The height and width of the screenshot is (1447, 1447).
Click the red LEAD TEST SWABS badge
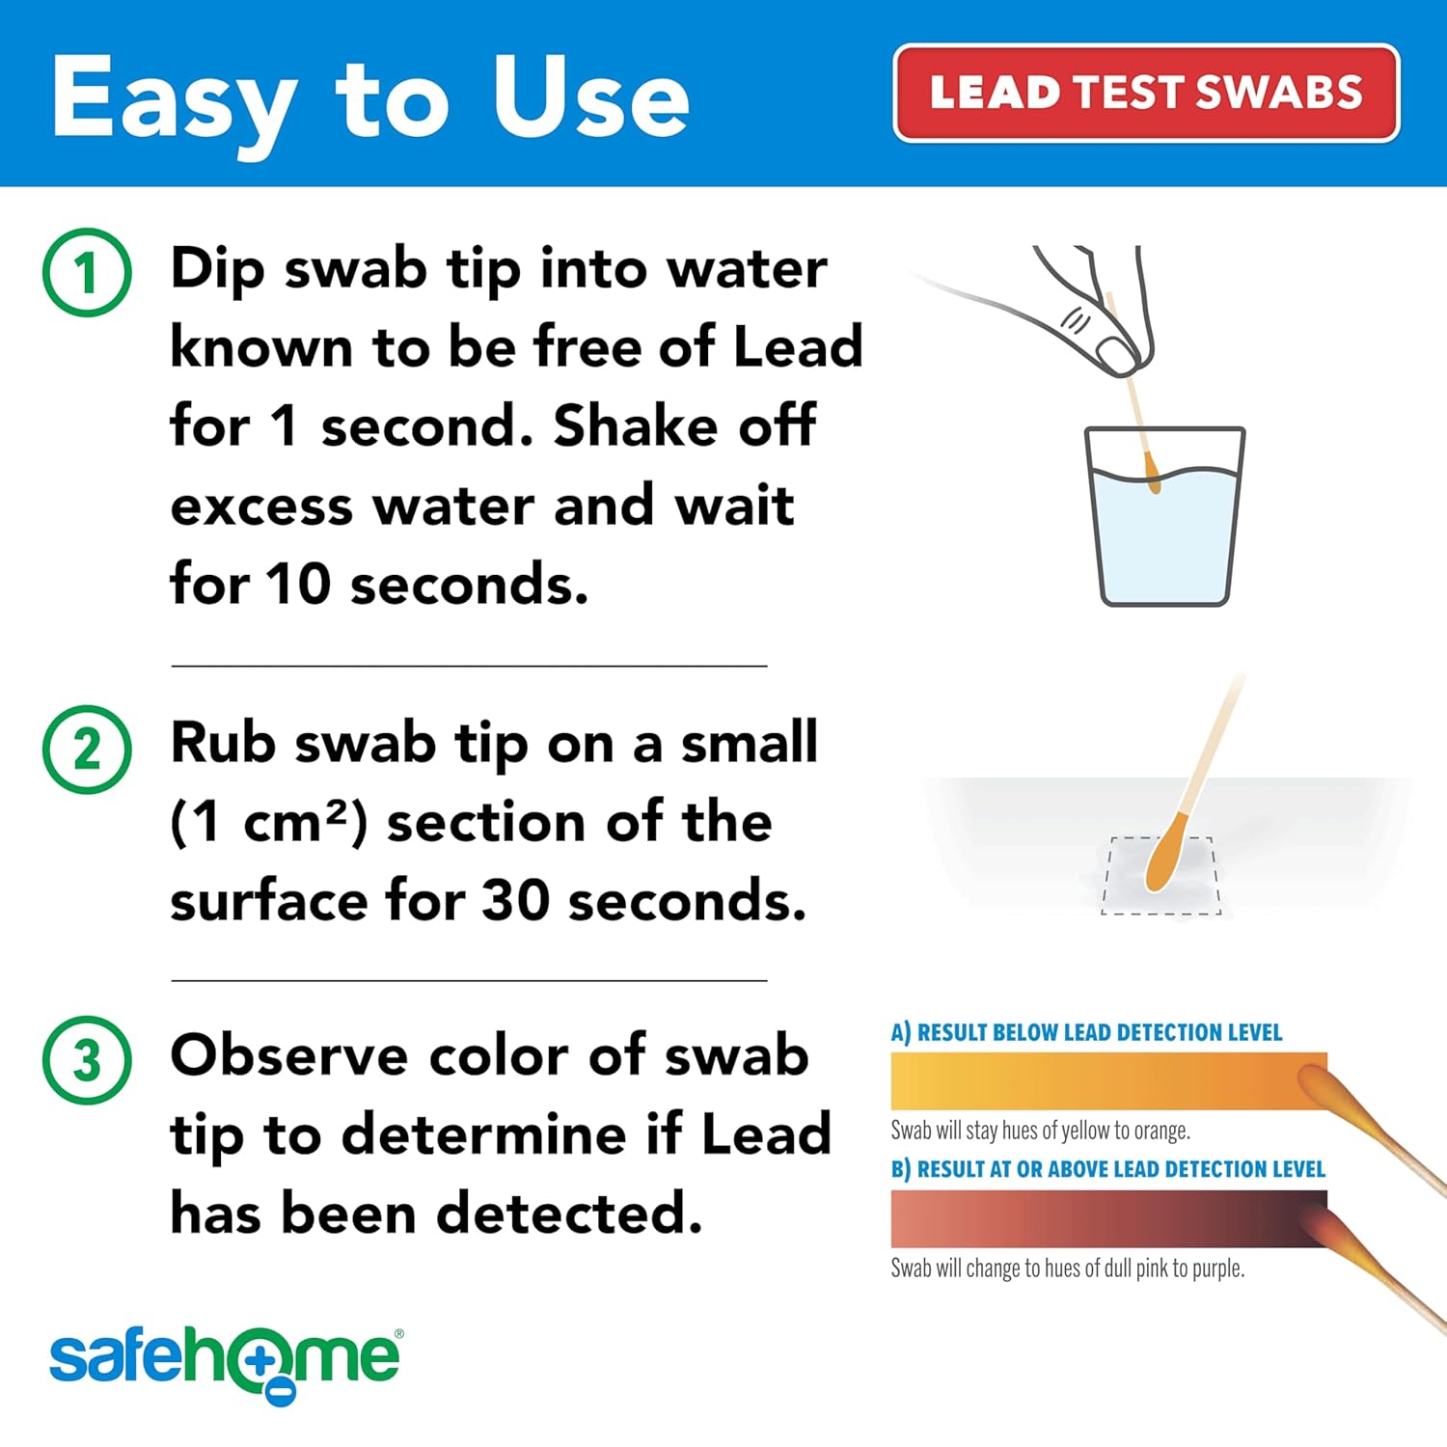(x=1146, y=94)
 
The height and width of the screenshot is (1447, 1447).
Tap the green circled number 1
(x=87, y=272)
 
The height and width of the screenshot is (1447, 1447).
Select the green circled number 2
(x=87, y=750)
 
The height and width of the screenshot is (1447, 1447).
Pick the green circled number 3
(x=87, y=1060)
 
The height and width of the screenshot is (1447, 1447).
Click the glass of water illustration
(x=1164, y=516)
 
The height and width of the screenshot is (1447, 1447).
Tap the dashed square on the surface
(x=1161, y=875)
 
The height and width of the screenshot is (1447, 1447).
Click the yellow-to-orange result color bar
(x=1108, y=1080)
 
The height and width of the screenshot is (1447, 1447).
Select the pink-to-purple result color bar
(x=1108, y=1218)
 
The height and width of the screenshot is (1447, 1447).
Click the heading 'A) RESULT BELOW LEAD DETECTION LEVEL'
(x=1086, y=1032)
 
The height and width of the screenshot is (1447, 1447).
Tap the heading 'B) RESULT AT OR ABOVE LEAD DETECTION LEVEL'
(x=1107, y=1169)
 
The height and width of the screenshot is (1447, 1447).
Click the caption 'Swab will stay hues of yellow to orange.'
(x=1040, y=1130)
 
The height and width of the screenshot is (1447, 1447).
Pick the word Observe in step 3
(x=289, y=1055)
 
